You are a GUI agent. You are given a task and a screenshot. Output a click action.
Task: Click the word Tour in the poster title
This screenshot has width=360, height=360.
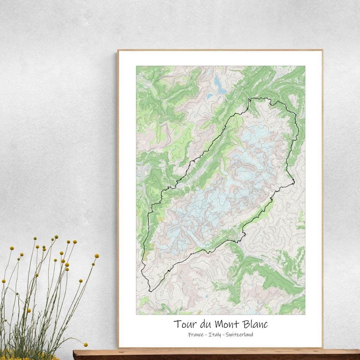tap(183, 324)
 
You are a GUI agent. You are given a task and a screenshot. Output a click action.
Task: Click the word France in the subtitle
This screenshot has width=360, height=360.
tap(196, 334)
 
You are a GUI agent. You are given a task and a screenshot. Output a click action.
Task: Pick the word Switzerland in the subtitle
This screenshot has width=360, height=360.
tap(239, 334)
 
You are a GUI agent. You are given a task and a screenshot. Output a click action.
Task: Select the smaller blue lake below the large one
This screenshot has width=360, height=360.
tap(210, 96)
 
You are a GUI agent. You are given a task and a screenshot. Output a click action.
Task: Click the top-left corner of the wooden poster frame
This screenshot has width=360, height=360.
tap(118, 50)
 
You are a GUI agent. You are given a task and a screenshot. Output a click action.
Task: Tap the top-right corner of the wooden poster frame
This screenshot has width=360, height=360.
tap(322, 50)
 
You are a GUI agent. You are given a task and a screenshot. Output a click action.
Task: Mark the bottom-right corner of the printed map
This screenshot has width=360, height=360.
tap(305, 314)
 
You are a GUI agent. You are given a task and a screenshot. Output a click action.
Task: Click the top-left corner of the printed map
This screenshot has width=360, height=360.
tap(136, 66)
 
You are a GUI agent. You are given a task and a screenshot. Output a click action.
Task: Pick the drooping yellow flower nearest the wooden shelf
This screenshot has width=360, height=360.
tap(85, 344)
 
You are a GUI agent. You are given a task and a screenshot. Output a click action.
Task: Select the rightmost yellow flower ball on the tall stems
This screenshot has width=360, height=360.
tap(97, 256)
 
